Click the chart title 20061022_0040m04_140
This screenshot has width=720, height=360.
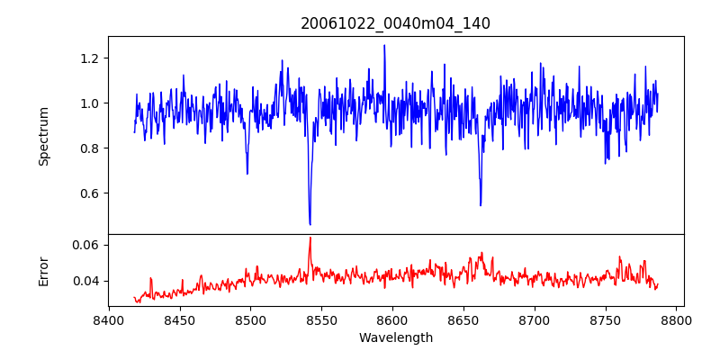[x=395, y=23]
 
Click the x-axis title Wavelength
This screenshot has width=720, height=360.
[x=395, y=338]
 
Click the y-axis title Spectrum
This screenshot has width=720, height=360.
[x=43, y=135]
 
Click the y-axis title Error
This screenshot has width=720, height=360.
[x=43, y=270]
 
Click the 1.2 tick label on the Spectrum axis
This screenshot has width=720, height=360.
[x=89, y=58]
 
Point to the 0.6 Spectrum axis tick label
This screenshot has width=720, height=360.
[x=89, y=193]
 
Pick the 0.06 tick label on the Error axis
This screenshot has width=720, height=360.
[x=85, y=245]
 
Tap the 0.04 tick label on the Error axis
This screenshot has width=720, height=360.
[x=85, y=281]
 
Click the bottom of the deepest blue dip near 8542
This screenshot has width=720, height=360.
[x=310, y=224]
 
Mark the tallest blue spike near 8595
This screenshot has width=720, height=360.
[x=384, y=45]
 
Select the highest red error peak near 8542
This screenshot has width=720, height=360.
[x=310, y=238]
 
